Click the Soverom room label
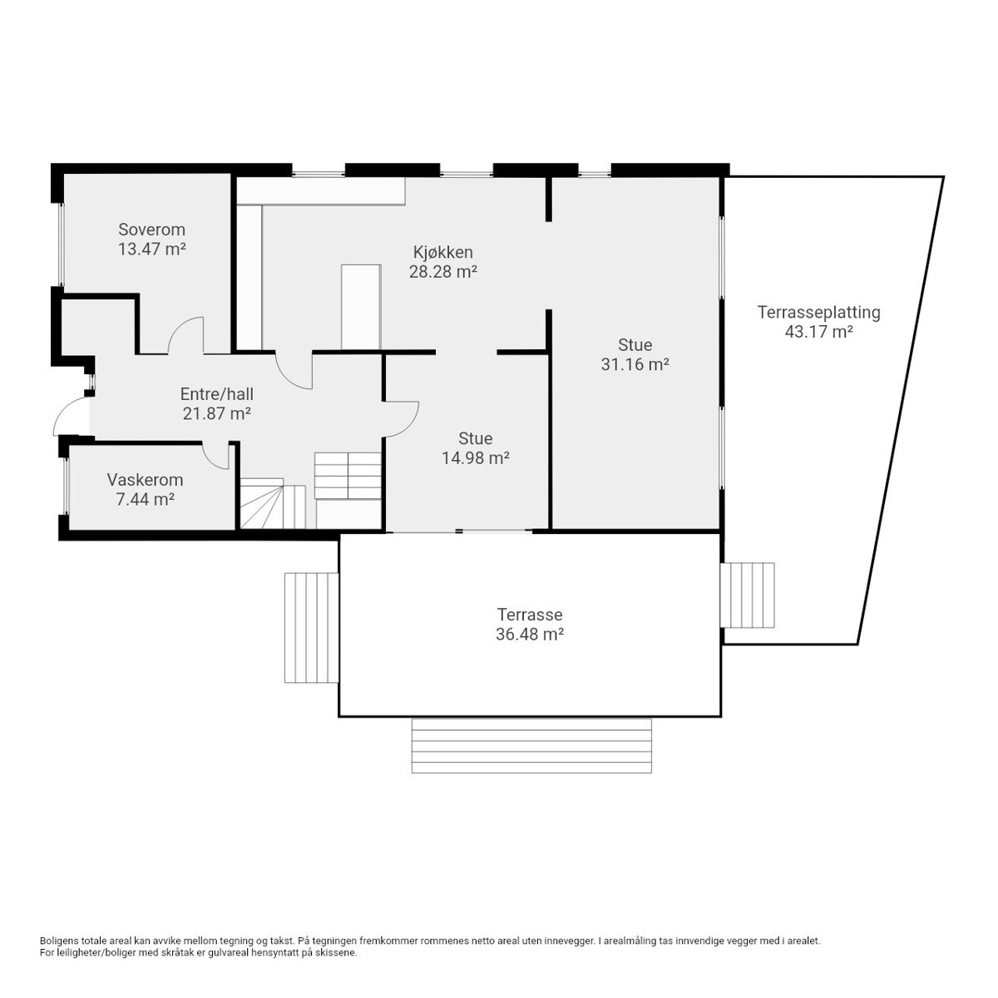click(151, 230)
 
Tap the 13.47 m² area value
click(151, 249)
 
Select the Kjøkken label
click(442, 252)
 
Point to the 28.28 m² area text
click(442, 271)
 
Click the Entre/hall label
click(216, 394)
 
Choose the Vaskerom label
click(145, 480)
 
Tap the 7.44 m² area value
click(145, 499)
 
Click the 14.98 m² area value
click(475, 457)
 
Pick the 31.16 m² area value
click(635, 364)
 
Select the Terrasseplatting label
click(819, 313)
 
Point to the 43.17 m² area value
click(819, 332)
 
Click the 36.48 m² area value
click(529, 634)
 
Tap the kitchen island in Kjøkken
click(361, 307)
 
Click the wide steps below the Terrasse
click(531, 746)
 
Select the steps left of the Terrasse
click(311, 628)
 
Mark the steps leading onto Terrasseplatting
click(748, 595)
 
